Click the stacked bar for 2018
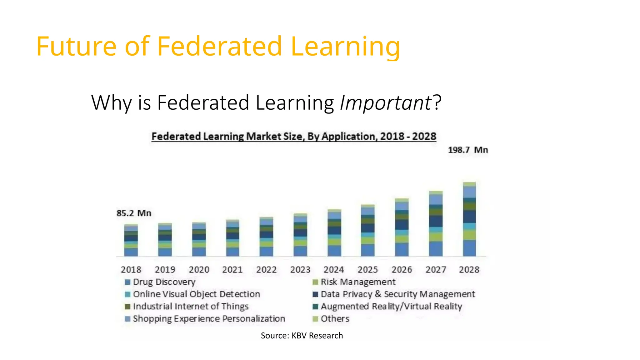coord(131,240)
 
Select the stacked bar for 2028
coord(469,219)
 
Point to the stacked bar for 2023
coord(300,235)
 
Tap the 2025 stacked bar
coord(368,231)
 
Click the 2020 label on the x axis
coord(199,269)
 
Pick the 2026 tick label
coord(402,269)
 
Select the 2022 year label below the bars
coord(266,269)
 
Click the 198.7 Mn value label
coord(468,150)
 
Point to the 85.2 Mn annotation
coord(134,213)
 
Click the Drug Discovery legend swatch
coord(127,282)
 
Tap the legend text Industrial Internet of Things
coord(191,306)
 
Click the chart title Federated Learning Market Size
coord(294,137)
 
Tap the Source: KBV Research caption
coord(302,336)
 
